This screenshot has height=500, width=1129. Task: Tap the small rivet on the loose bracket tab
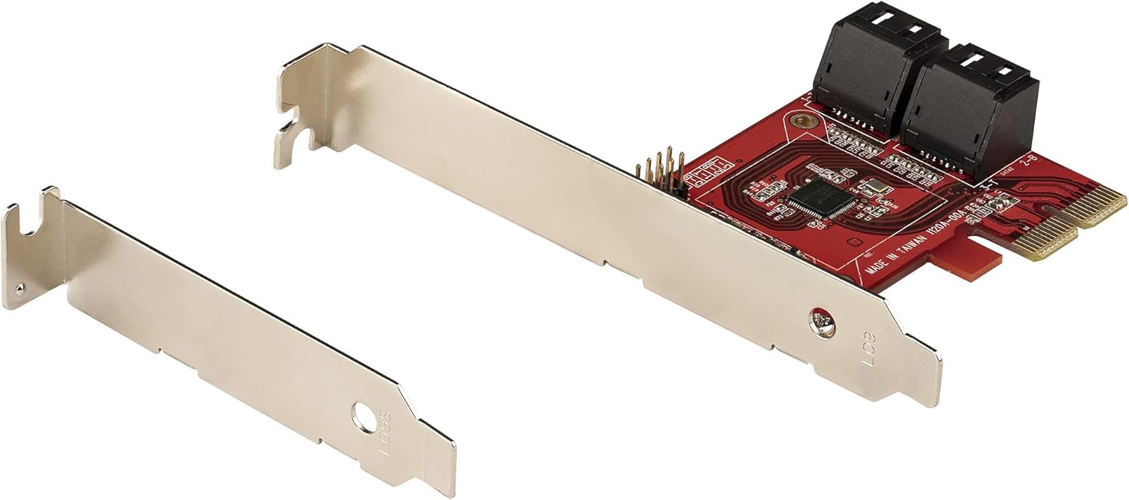20,286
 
